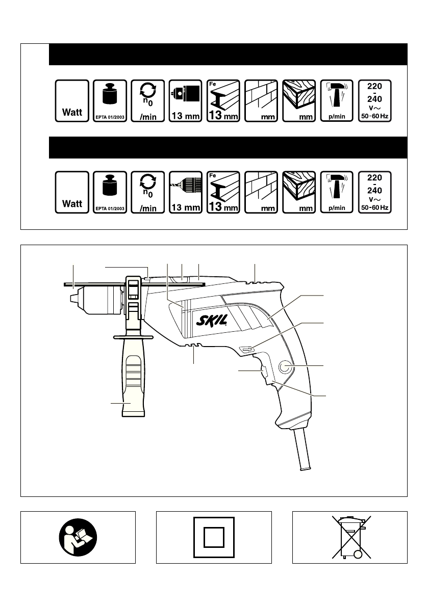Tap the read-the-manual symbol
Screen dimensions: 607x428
click(x=78, y=537)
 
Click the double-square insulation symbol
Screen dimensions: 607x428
click(x=214, y=537)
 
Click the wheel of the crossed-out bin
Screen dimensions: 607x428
click(x=359, y=555)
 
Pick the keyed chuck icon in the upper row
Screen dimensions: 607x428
click(x=185, y=100)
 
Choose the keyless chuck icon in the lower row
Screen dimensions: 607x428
click(x=185, y=193)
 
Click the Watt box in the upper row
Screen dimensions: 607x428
click(x=72, y=100)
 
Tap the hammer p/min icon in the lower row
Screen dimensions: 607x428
click(x=336, y=193)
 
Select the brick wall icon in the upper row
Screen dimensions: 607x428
click(x=261, y=100)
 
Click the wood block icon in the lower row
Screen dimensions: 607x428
click(x=298, y=193)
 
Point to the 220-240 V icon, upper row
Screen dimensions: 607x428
click(x=374, y=100)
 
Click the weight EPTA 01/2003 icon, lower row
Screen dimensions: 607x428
click(x=110, y=193)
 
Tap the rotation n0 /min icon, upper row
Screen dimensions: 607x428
click(x=147, y=100)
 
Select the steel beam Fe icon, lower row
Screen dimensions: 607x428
click(x=223, y=193)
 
